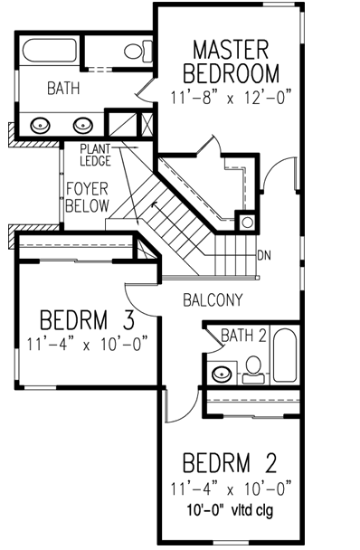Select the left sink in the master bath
(x=42, y=125)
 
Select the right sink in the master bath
(x=83, y=125)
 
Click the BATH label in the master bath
(x=38, y=89)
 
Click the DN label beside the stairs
(x=265, y=256)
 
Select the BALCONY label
(x=211, y=298)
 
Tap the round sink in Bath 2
(x=221, y=371)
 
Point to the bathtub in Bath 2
(x=284, y=356)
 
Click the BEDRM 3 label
(x=88, y=320)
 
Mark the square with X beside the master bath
(x=147, y=122)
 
